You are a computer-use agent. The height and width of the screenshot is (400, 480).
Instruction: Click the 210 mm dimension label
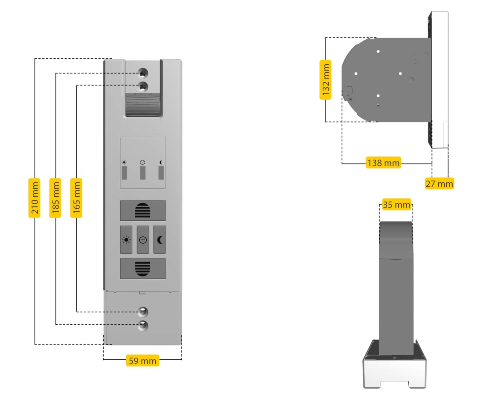click(35, 198)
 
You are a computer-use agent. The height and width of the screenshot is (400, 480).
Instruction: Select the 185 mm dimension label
click(56, 198)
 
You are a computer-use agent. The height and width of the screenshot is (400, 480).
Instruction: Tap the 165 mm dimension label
click(76, 198)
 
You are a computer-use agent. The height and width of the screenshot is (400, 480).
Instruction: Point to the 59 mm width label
click(142, 360)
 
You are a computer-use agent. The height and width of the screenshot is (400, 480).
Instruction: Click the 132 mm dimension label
click(326, 80)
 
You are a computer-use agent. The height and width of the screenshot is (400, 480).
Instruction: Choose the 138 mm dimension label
click(383, 163)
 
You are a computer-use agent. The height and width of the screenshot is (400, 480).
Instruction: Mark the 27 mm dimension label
click(439, 184)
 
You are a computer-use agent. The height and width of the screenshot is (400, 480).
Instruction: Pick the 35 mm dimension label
click(396, 205)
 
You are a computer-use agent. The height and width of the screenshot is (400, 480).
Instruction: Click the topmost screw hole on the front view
click(143, 73)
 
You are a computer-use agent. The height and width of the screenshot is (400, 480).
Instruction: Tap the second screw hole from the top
click(143, 86)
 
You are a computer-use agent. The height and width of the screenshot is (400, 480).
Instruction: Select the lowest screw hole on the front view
click(143, 325)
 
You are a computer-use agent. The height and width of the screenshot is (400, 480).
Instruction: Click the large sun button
click(126, 240)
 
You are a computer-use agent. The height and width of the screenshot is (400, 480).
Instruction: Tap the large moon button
click(160, 240)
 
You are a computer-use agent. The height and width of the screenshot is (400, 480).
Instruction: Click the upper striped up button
click(143, 210)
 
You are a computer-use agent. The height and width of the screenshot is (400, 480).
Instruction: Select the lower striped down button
click(143, 268)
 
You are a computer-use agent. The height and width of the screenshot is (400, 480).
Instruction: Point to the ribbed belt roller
click(143, 106)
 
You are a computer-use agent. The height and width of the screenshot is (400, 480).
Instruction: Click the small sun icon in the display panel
click(124, 162)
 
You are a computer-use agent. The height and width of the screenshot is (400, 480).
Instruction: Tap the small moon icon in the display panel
click(161, 162)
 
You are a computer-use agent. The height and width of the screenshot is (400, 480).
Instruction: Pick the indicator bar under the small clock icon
click(143, 173)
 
